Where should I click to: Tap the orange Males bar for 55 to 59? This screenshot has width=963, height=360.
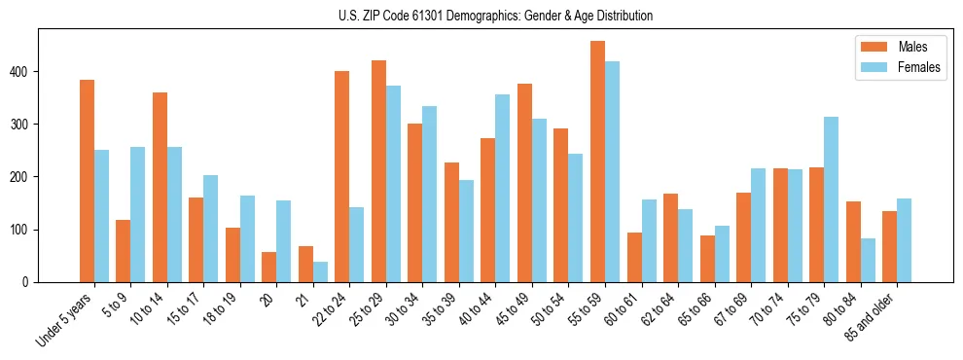click(597, 162)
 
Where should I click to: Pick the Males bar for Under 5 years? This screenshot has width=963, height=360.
click(87, 181)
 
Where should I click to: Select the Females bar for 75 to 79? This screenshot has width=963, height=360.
click(831, 199)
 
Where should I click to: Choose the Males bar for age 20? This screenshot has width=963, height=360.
click(269, 267)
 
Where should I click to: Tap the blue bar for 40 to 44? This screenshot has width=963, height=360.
click(503, 189)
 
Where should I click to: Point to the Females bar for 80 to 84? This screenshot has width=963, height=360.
click(868, 260)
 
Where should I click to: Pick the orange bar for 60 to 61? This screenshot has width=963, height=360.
click(634, 257)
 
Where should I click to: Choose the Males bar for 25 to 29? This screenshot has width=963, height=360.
click(378, 171)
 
